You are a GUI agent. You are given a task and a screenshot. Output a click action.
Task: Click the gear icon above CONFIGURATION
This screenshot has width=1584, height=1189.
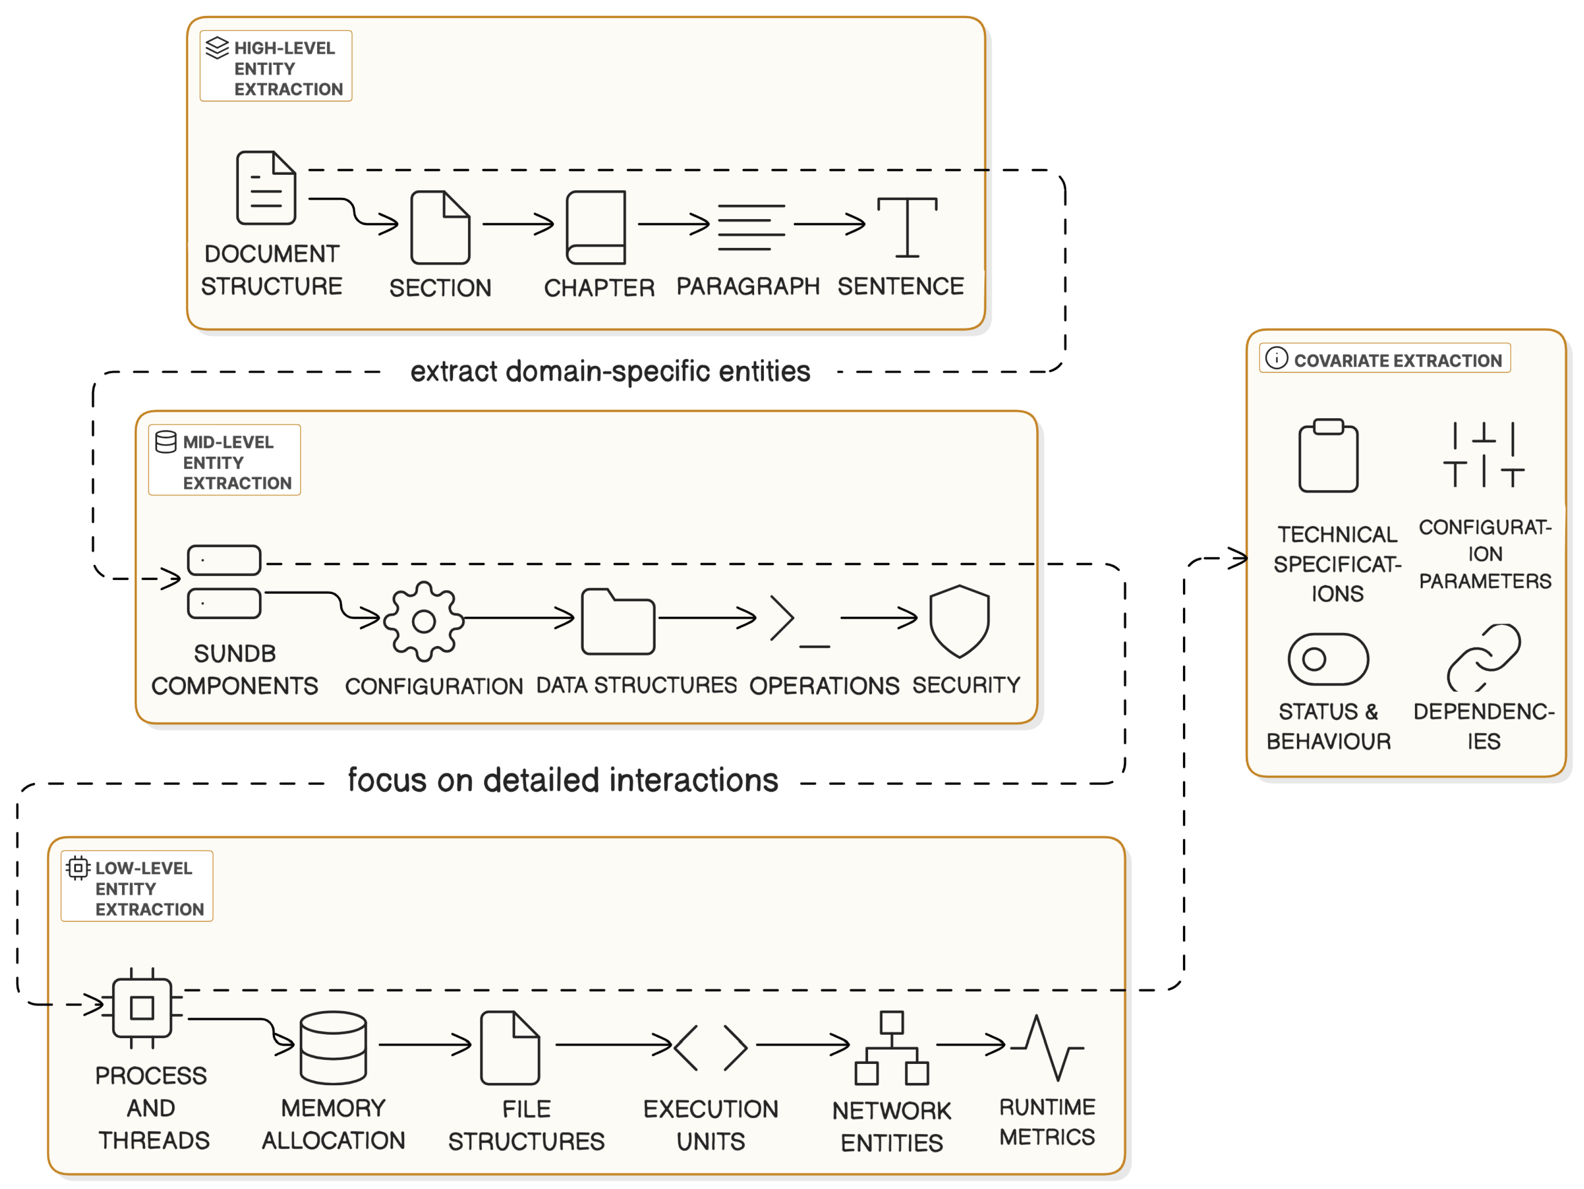[424, 620]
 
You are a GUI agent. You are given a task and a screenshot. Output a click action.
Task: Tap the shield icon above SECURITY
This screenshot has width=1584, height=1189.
[959, 620]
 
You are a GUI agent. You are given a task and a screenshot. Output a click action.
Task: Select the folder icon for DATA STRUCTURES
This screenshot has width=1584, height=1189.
[618, 621]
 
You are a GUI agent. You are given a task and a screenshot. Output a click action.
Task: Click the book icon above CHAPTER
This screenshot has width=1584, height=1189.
[596, 227]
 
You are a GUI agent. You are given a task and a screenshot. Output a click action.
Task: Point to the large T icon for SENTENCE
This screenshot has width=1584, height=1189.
[907, 227]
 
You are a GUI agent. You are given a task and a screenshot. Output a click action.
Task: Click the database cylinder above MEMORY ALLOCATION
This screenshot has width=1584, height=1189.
[334, 1047]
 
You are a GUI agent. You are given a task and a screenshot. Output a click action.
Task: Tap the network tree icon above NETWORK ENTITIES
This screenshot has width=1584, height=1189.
[892, 1047]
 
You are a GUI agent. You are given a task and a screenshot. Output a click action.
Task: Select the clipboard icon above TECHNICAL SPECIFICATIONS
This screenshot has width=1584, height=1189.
[1329, 455]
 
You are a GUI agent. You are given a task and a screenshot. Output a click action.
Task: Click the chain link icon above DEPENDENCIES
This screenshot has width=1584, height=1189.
[1484, 657]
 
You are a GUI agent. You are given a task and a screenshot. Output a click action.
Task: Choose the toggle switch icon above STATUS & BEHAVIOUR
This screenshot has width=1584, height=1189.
[1329, 659]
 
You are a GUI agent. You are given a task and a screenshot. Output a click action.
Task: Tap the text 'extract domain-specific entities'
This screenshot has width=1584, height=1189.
[610, 372]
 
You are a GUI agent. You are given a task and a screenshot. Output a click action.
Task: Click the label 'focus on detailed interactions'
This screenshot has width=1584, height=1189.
[563, 780]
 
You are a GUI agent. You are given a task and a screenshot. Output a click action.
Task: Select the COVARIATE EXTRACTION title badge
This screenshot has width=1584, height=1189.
[1385, 358]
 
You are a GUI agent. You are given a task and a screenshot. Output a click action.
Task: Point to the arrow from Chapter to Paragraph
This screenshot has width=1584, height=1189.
[673, 224]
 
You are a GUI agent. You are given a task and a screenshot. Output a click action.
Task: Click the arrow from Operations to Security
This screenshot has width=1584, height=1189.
[879, 617]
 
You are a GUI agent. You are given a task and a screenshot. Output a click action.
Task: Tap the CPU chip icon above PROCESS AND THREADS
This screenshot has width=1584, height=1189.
[142, 1008]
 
